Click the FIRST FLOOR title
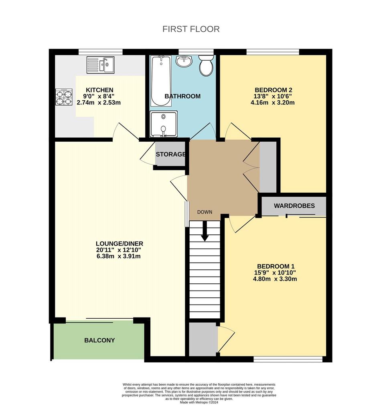[x=191, y=29]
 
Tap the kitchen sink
[x=101, y=65]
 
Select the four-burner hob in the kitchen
[x=64, y=97]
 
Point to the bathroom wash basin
[x=184, y=61]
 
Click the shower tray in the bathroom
[x=163, y=124]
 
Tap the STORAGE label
[x=171, y=154]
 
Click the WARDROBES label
[x=294, y=206]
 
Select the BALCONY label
[x=99, y=340]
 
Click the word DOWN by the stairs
[x=205, y=212]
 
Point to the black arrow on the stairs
[x=205, y=231]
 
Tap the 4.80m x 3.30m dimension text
[x=275, y=279]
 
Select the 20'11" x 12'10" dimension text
[x=119, y=250]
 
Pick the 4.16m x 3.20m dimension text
[x=273, y=102]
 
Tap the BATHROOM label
[x=182, y=96]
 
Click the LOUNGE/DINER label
[x=120, y=244]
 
